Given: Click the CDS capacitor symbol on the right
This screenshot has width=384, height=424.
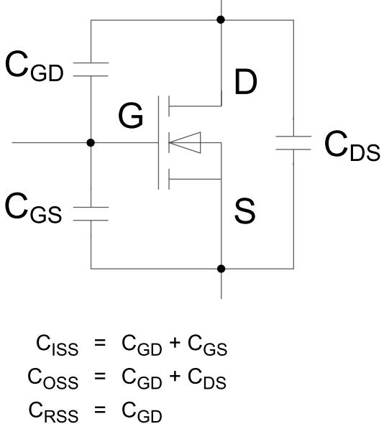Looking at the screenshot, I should [x=293, y=144].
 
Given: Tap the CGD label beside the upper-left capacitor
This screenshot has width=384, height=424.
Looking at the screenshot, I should [x=37, y=66].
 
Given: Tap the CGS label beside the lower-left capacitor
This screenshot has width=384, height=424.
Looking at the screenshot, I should [x=37, y=208].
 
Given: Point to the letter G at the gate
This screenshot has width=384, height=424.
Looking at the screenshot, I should [x=131, y=116].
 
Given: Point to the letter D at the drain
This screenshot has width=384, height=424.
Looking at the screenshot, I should [x=246, y=84].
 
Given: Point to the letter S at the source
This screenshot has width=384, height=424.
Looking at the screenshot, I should [x=245, y=212].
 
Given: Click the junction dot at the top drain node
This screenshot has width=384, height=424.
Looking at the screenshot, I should [x=221, y=19].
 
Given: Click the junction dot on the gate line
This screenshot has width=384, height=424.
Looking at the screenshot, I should [x=91, y=143].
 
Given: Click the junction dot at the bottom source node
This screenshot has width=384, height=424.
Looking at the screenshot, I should [x=221, y=269].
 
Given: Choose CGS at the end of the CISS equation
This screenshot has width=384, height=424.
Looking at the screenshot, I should [x=207, y=349].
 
